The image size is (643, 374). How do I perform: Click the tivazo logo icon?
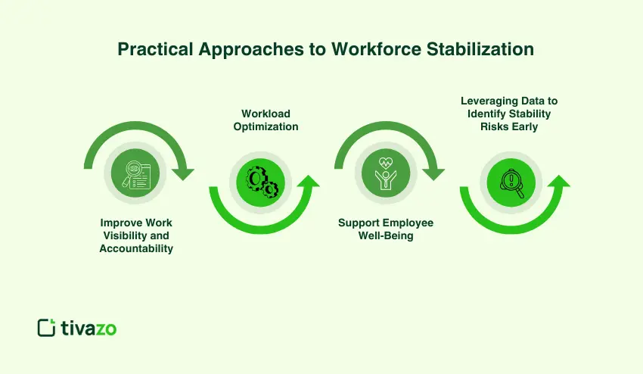coord(46,327)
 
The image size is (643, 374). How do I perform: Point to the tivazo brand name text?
coord(89,327)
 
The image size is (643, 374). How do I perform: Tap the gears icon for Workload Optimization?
coord(261,181)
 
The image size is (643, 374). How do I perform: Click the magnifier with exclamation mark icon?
coord(512,181)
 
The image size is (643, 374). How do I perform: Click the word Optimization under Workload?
coord(266,126)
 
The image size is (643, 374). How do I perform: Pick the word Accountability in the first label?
coord(136,248)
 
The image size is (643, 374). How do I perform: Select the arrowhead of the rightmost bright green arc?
coord(559,182)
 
